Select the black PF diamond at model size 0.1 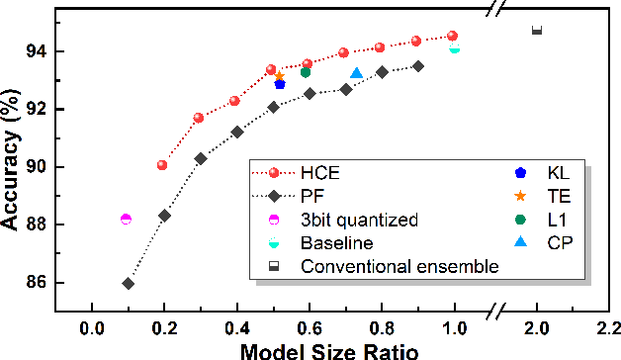pyautogui.click(x=129, y=283)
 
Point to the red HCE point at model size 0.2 pyautogui.click(x=162, y=165)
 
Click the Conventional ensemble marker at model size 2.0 pyautogui.click(x=537, y=31)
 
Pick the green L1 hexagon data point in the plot pyautogui.click(x=306, y=71)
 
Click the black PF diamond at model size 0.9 pyautogui.click(x=417, y=66)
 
